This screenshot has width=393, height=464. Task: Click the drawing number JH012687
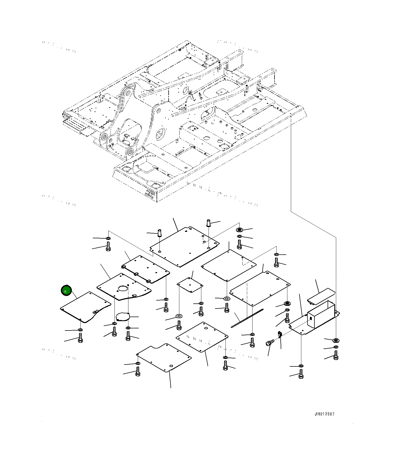pos(324,414)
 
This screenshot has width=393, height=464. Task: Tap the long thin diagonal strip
pos(247,318)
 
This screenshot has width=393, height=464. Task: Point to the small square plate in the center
pos(190,285)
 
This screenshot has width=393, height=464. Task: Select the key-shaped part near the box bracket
pos(280,334)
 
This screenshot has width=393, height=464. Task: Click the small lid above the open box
pos(321,296)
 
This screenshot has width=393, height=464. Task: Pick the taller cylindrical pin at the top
pos(209,223)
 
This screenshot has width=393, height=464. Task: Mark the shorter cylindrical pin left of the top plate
pos(160,232)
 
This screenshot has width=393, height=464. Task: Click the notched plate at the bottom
pos(164,357)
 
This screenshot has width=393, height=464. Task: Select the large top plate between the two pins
pos(184,247)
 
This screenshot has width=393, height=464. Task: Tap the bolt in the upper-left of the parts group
pos(108,246)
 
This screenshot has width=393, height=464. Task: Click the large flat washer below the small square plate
pos(179,316)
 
